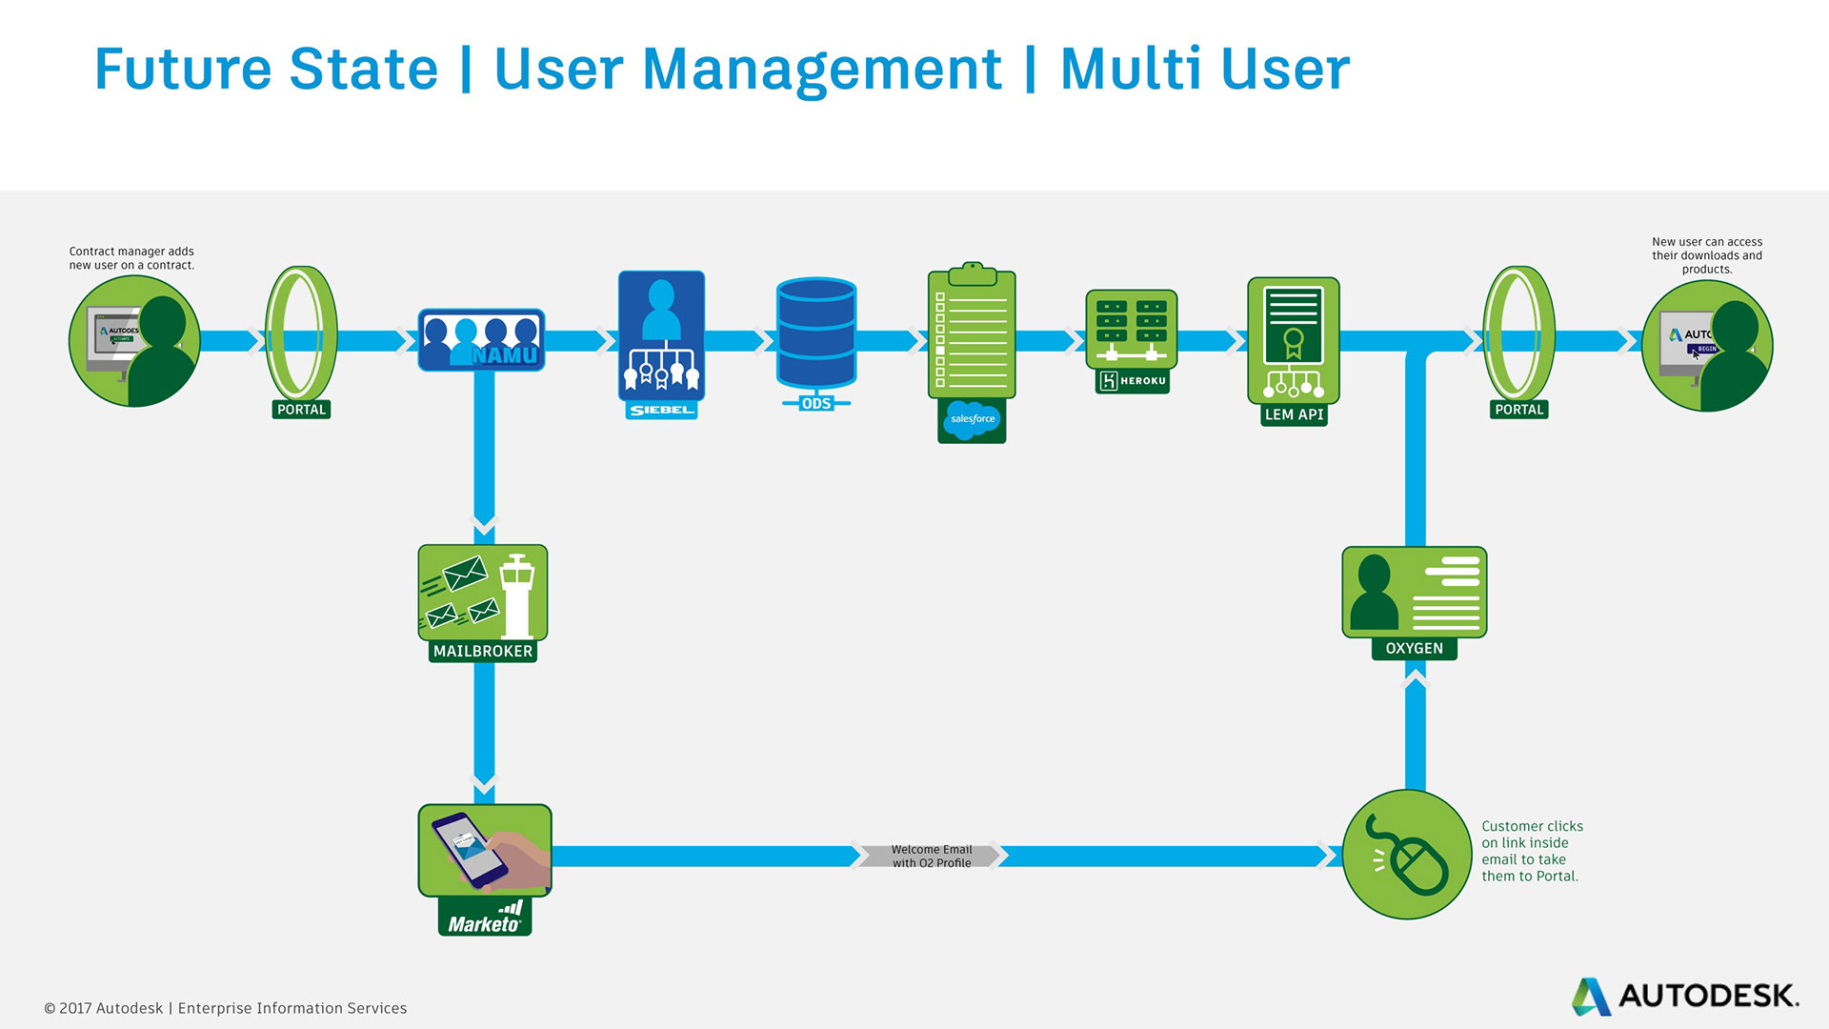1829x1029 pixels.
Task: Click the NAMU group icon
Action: pos(481,340)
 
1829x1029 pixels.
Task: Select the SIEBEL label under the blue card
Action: pos(661,411)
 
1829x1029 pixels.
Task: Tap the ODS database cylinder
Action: pos(816,333)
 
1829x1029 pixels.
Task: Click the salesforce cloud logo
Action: pos(972,419)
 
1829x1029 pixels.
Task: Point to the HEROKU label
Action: pos(1132,381)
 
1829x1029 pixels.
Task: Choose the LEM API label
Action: pos(1294,414)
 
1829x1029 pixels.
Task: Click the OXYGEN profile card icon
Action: pos(1414,593)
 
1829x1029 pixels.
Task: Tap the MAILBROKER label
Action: pos(483,652)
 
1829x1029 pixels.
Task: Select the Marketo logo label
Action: pos(485,918)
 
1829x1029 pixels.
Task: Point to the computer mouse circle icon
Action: pos(1407,855)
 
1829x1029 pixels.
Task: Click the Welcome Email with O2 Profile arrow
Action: pos(931,856)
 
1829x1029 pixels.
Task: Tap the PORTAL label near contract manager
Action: pos(301,410)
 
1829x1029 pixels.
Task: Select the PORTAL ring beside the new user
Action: pos(1518,333)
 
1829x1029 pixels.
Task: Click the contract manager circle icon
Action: pos(134,341)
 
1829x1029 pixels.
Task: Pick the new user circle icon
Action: pos(1707,345)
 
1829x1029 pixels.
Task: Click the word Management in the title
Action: pos(822,70)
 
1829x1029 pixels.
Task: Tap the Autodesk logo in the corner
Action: pos(1685,997)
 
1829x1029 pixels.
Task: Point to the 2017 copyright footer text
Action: pos(226,1008)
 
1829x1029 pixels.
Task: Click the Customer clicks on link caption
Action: pos(1531,851)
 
